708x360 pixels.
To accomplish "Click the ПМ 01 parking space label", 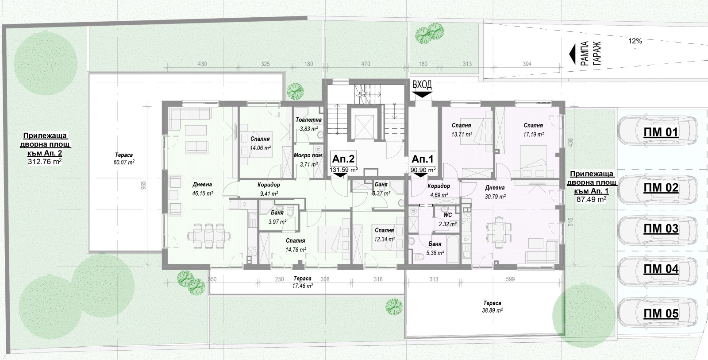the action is click(x=661, y=132).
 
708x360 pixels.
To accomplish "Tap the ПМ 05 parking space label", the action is click(x=661, y=313).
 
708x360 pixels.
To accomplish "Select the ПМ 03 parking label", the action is click(x=661, y=228).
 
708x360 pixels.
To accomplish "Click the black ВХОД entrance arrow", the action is click(x=422, y=94).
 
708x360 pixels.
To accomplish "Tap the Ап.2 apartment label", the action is click(x=343, y=159).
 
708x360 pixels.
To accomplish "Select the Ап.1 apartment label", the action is click(x=422, y=159).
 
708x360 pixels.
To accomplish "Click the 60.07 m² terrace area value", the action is click(x=124, y=162).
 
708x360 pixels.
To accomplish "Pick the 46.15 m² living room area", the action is click(x=203, y=194).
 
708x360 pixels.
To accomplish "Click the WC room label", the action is click(x=447, y=215).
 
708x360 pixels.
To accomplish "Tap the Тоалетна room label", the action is click(x=308, y=120).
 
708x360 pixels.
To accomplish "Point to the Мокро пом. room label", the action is click(x=308, y=155).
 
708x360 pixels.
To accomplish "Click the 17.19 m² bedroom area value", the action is click(x=534, y=134).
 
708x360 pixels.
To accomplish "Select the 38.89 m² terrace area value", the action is click(x=493, y=310).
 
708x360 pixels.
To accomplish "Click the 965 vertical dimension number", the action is click(x=143, y=185).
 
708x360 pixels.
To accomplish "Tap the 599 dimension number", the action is click(x=510, y=279).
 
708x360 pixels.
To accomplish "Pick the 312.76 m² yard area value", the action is click(x=45, y=162).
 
